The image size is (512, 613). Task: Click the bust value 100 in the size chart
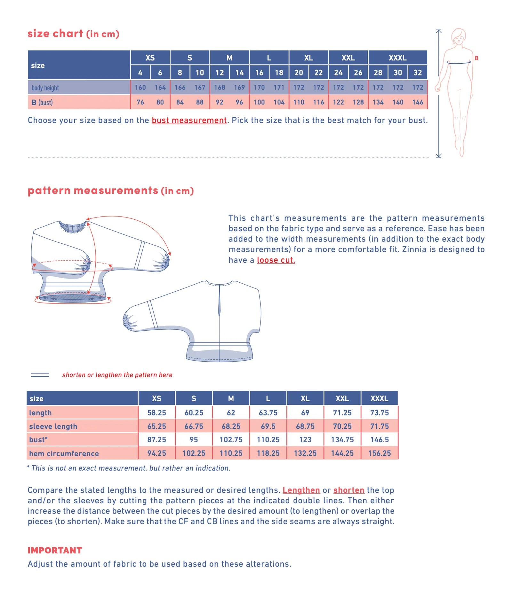[x=259, y=102]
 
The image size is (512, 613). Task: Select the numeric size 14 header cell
[x=239, y=73]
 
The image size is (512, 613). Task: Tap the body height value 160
[x=140, y=87]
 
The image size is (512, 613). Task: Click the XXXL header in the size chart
[x=397, y=58]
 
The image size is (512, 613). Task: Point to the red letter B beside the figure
[x=476, y=58]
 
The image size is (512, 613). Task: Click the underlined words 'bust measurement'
[x=189, y=120]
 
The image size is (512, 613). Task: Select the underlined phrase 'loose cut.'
[x=276, y=260]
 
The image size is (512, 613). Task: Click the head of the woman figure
[x=459, y=36]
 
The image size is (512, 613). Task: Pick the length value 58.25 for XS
[x=156, y=413]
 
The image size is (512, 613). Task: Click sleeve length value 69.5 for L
[x=268, y=426]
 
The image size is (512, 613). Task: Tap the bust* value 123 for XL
[x=305, y=440]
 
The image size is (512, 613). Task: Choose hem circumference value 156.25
[x=379, y=453]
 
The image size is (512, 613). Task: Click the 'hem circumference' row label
[x=64, y=453]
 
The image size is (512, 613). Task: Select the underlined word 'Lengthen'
[x=301, y=490]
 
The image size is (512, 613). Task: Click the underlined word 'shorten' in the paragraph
[x=349, y=490]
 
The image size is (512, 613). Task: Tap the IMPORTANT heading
[x=55, y=550]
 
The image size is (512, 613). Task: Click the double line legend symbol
[x=40, y=375]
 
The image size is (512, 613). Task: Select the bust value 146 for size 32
[x=418, y=102]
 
